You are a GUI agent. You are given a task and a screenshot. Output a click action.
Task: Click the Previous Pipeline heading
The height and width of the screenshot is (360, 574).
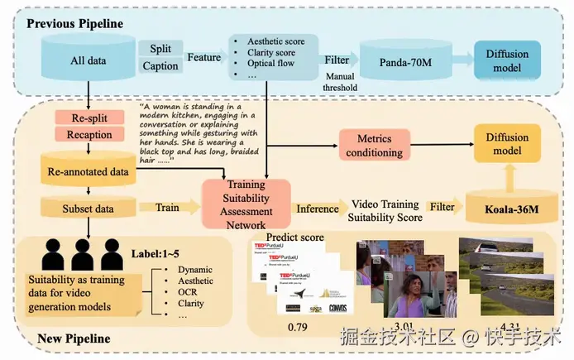tap(74, 23)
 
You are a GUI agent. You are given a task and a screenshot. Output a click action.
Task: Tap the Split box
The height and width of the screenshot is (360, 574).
tap(160, 49)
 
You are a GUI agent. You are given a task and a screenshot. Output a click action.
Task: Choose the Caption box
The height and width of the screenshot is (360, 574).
tap(160, 66)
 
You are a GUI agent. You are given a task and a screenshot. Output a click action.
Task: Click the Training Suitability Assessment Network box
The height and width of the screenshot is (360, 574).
tap(246, 202)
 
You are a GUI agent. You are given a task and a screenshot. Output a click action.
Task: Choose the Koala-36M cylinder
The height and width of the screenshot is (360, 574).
tap(505, 207)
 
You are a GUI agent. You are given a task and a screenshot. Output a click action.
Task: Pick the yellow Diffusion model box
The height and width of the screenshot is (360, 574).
tap(506, 146)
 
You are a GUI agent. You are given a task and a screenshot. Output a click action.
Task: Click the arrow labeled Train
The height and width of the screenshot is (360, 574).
tap(168, 208)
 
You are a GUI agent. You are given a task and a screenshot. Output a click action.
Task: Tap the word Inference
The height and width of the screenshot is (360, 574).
tap(318, 209)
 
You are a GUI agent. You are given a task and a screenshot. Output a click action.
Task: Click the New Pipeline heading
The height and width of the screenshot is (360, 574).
tap(74, 338)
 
